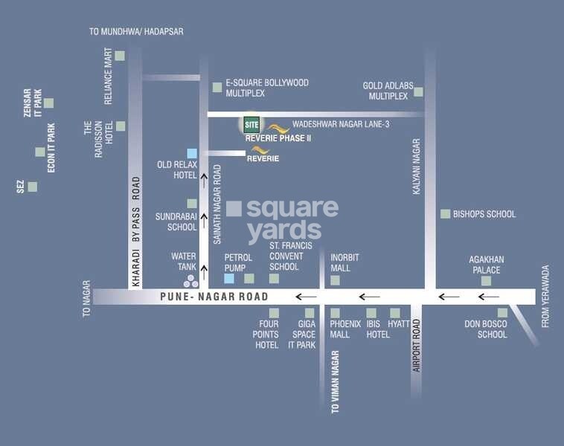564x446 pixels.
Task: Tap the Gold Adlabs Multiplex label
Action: (385, 91)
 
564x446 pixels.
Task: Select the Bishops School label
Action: (484, 214)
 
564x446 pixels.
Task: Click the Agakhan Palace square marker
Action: (487, 281)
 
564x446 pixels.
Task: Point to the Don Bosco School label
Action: (485, 329)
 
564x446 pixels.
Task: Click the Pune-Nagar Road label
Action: (214, 297)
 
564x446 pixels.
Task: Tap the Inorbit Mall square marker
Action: (335, 280)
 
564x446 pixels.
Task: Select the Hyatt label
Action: (399, 324)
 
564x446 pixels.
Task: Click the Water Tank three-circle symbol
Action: (191, 280)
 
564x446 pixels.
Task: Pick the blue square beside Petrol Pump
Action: (229, 279)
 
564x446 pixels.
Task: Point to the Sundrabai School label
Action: (176, 222)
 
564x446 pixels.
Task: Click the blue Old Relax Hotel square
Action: (192, 153)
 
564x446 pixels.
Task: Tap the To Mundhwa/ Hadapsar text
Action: (136, 32)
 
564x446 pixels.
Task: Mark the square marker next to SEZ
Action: (33, 186)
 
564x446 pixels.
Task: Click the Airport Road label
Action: (417, 345)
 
